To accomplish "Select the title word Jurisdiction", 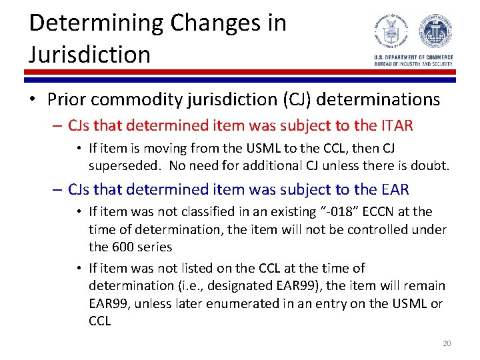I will [90, 54].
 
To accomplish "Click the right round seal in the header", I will [435, 32].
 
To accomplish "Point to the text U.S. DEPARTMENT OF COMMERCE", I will [413, 58].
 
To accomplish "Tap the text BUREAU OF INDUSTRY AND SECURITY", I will [413, 63].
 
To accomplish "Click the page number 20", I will [447, 343].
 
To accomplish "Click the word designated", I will [216, 285].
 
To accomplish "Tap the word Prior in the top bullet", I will [67, 100].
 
